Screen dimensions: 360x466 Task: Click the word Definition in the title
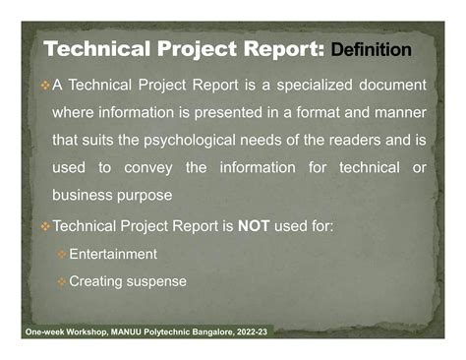[372, 49]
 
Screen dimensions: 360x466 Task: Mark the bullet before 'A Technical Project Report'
[44, 86]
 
